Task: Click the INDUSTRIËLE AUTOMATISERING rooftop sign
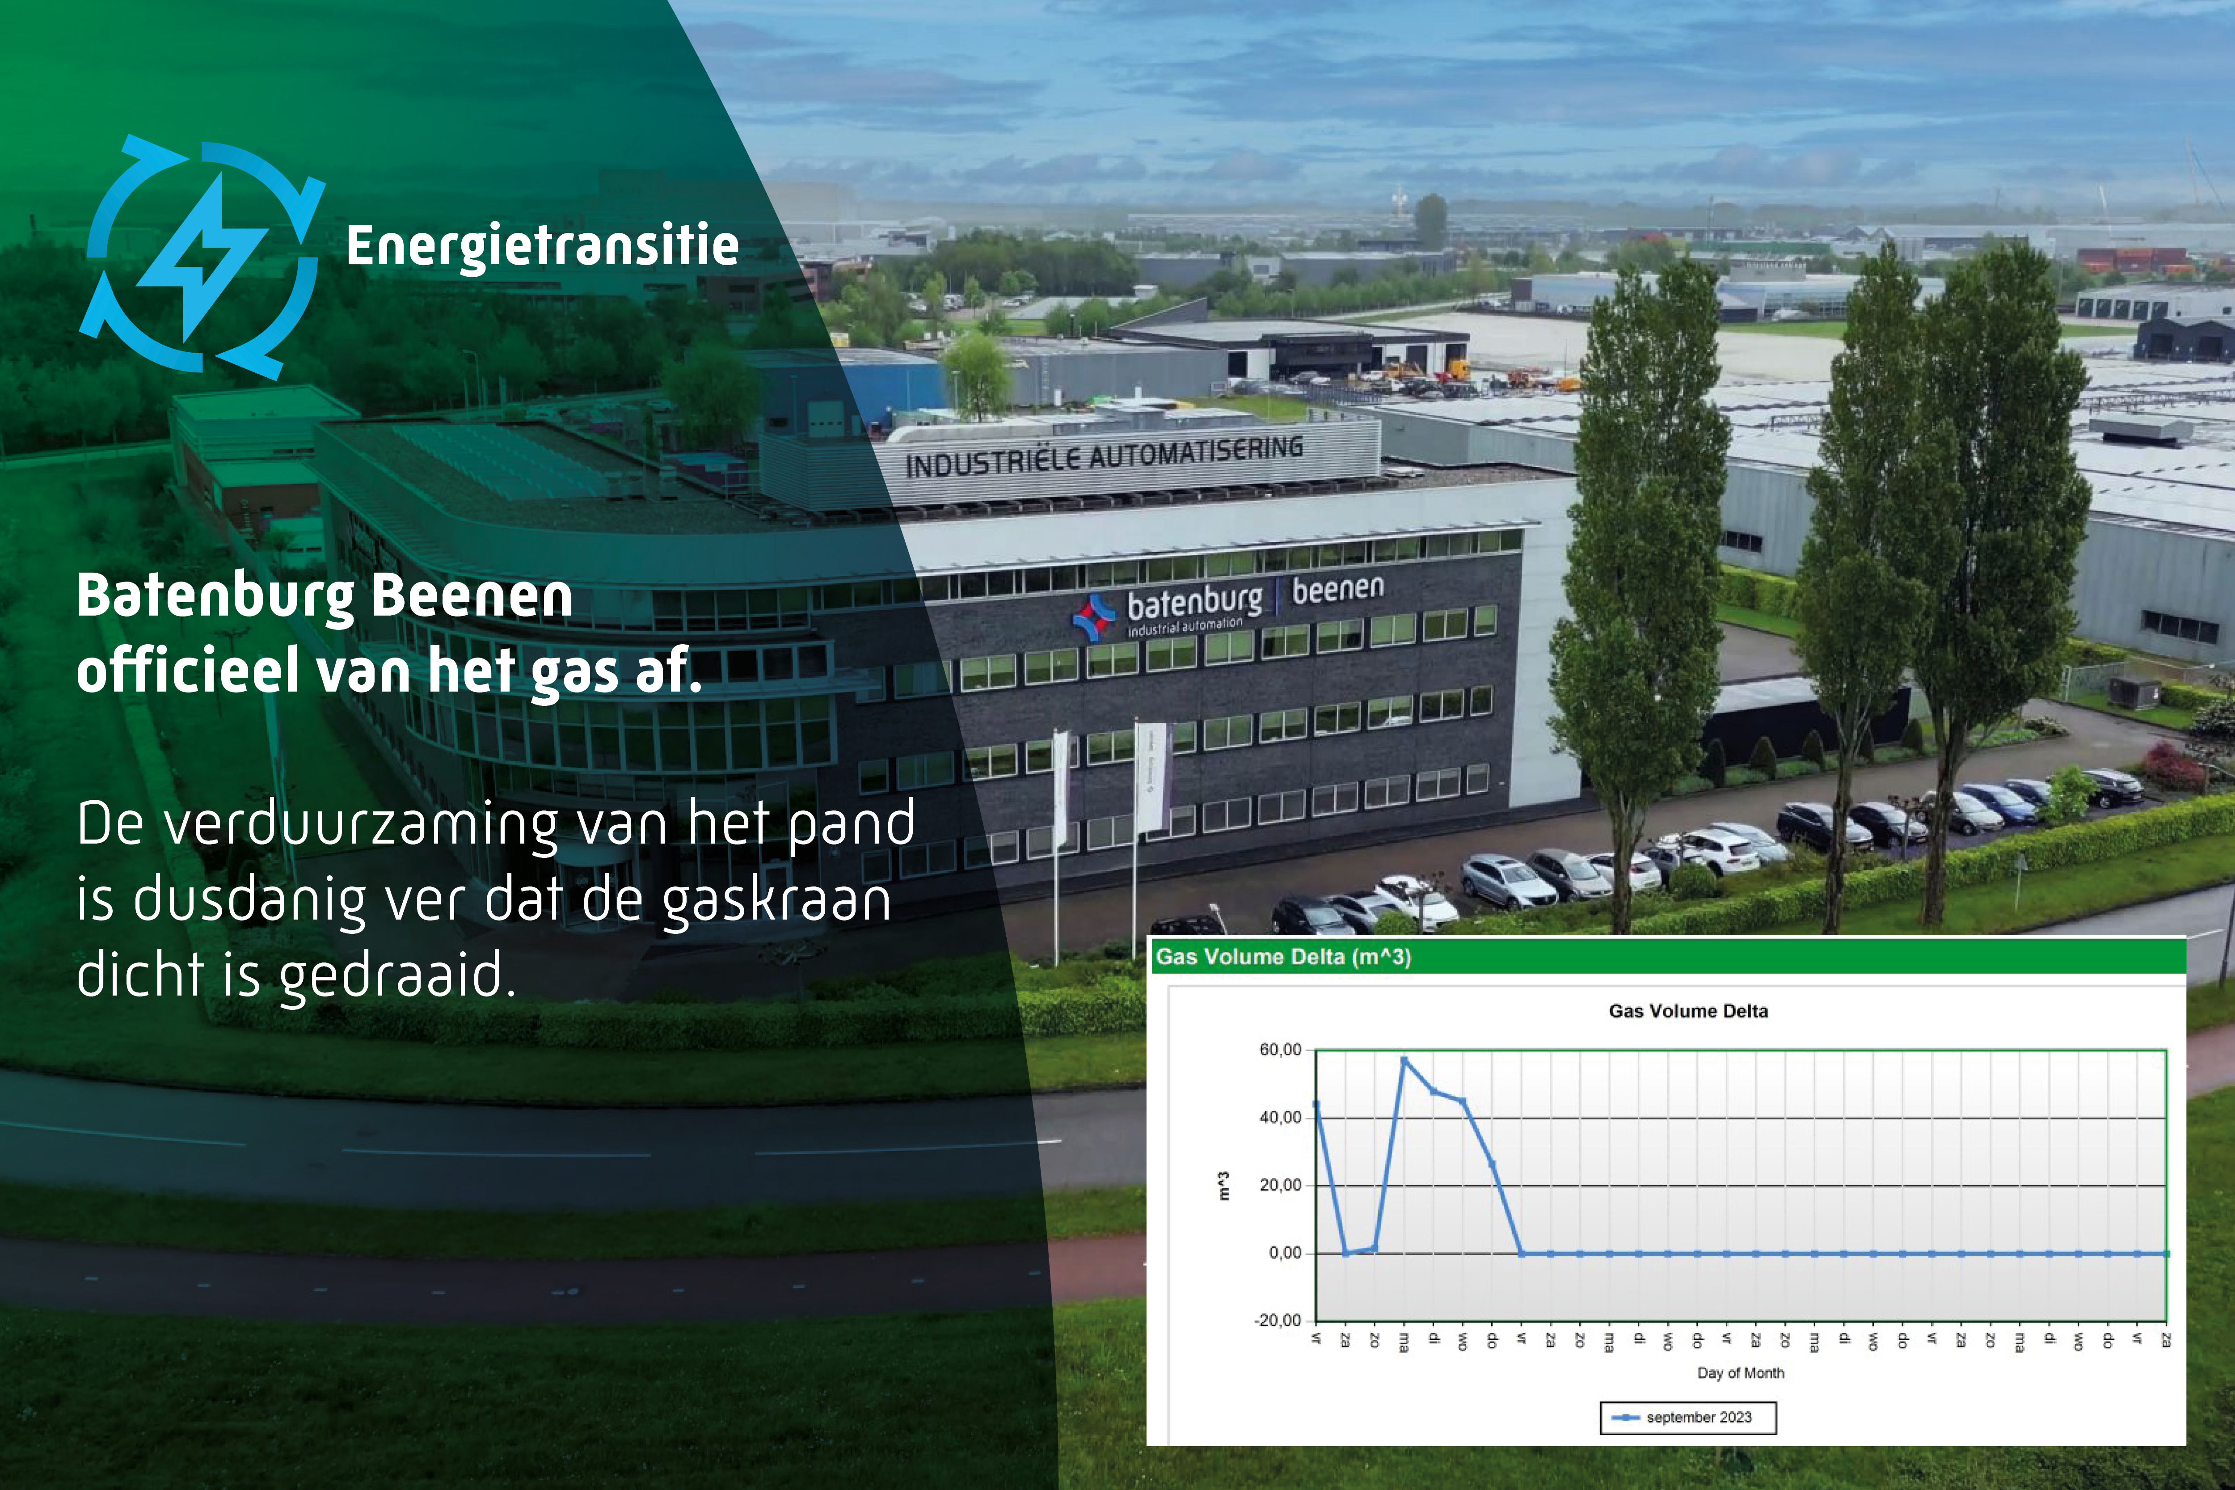pos(1104,456)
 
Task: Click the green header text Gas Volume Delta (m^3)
pos(1283,957)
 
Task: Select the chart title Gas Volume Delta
pos(1688,1011)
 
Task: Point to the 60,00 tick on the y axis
pos(1280,1050)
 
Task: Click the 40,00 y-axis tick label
pos(1280,1118)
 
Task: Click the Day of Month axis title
pos(1741,1373)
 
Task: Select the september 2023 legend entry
pos(1688,1418)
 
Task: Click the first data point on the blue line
pos(1316,1104)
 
